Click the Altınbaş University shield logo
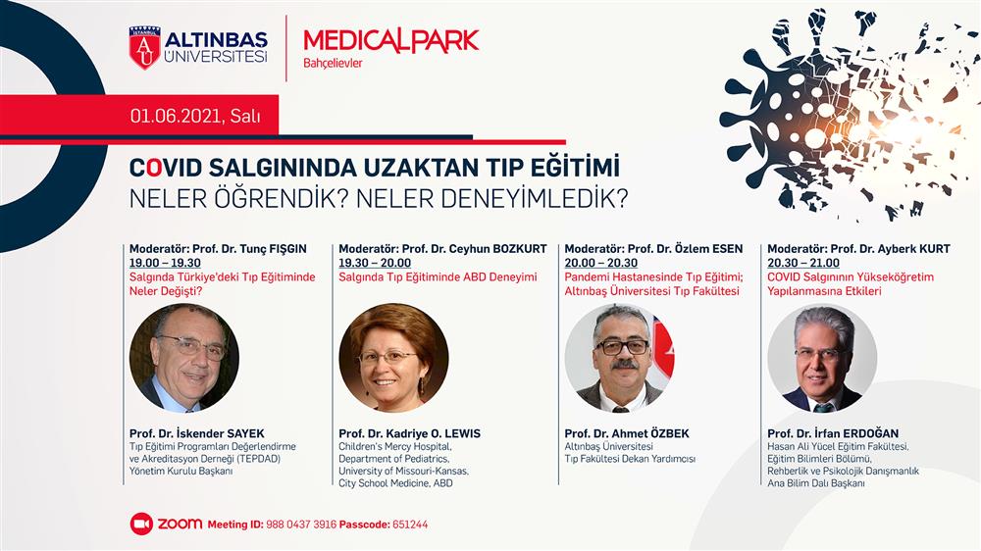[x=144, y=47]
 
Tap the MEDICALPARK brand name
[x=391, y=40]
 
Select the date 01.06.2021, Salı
[x=195, y=116]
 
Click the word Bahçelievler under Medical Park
[x=333, y=63]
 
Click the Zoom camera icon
[x=141, y=525]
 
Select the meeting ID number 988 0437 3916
[x=301, y=525]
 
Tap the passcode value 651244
[x=410, y=525]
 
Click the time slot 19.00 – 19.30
[x=165, y=263]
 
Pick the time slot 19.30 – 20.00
[x=375, y=263]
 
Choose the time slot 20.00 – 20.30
[x=600, y=263]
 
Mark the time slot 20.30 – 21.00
[x=803, y=263]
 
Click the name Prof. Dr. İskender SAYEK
[x=197, y=432]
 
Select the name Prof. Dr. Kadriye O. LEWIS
[x=410, y=433]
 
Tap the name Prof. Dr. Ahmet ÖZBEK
[x=627, y=433]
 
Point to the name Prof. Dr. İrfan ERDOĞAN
[x=833, y=433]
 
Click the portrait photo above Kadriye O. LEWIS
[x=393, y=358]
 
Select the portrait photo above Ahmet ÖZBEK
[x=619, y=358]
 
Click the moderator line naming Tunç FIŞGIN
[x=219, y=248]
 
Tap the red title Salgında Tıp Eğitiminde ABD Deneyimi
[x=438, y=277]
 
